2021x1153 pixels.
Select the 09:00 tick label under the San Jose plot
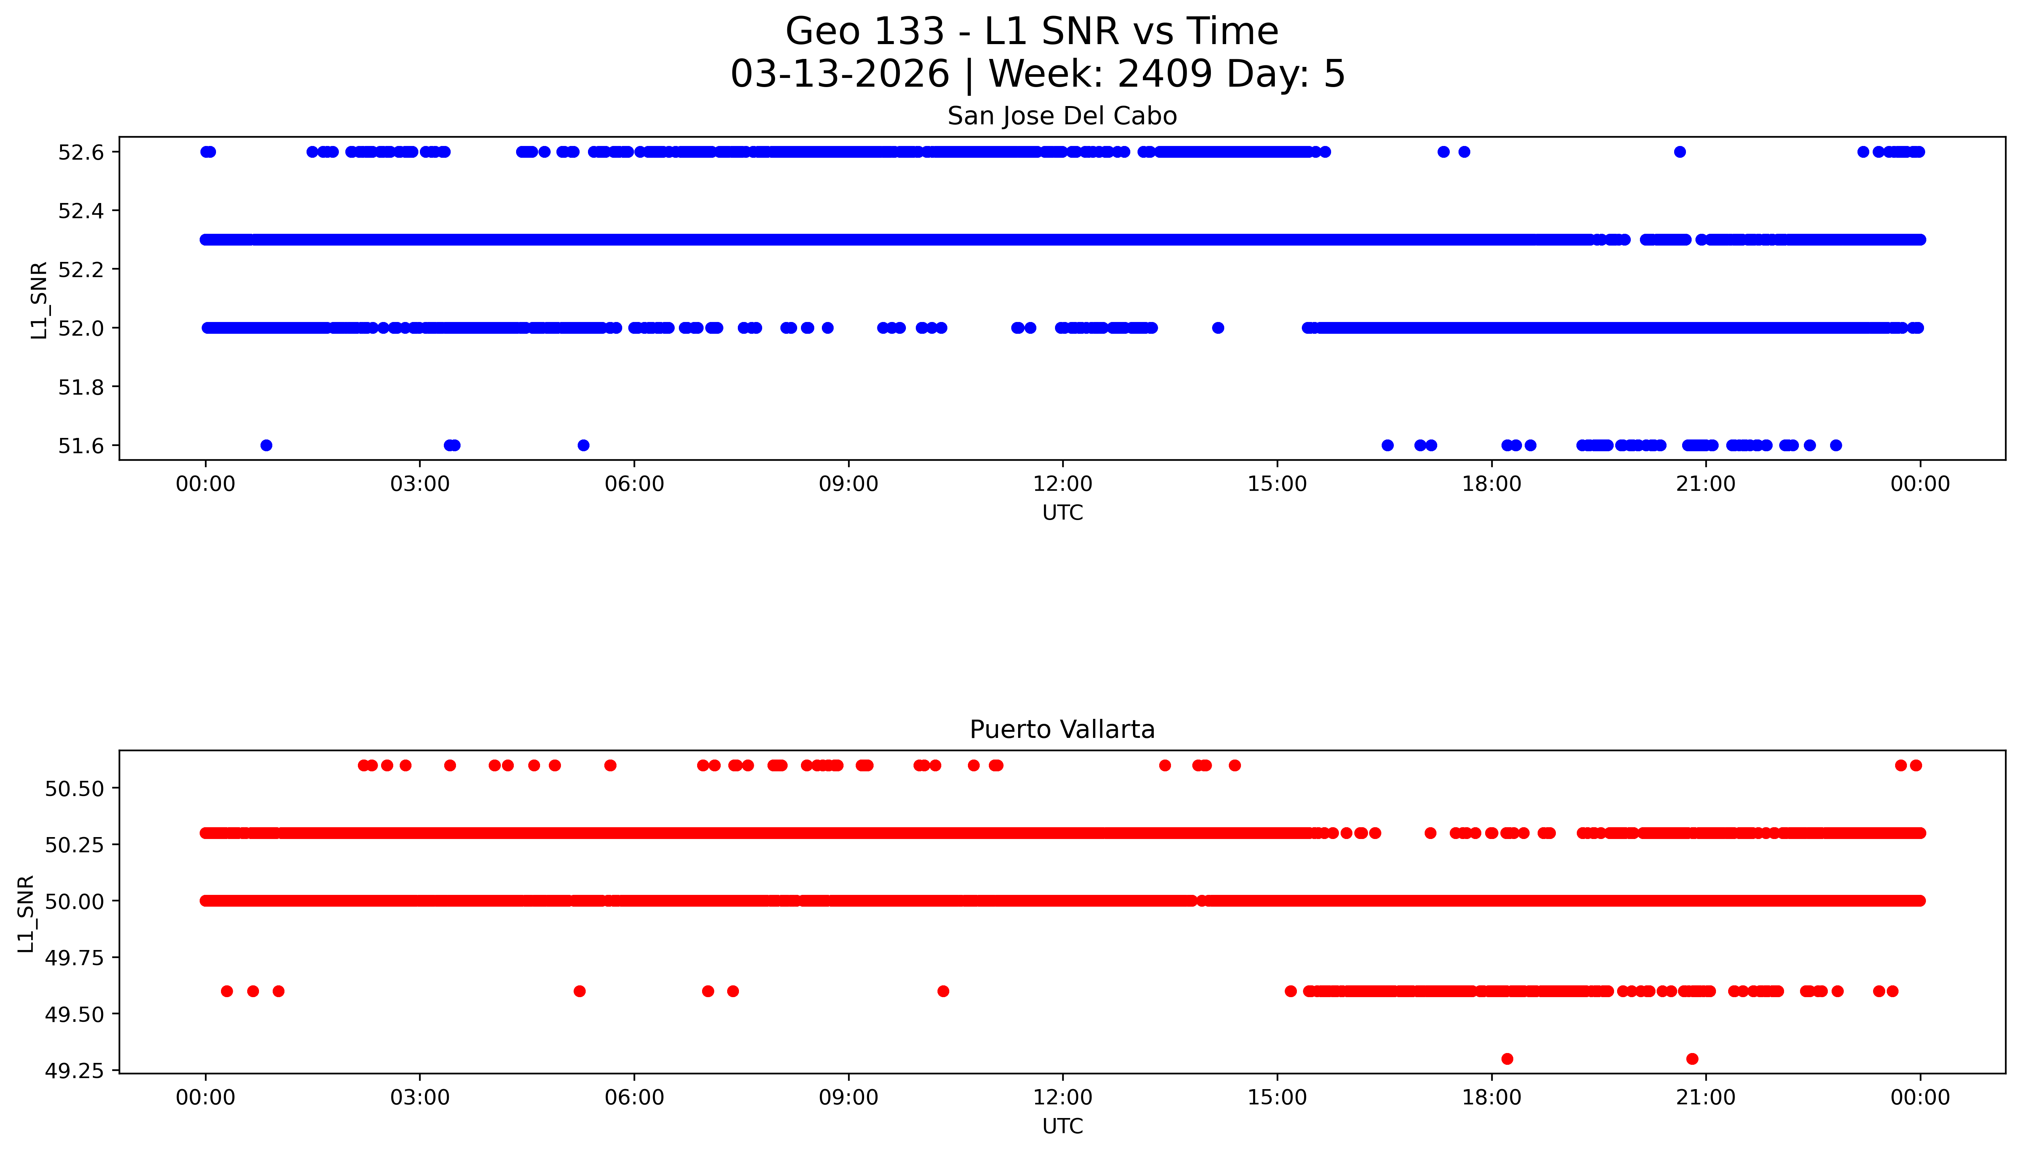848,484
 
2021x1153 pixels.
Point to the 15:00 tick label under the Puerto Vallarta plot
1277,1097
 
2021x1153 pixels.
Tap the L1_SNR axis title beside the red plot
26,914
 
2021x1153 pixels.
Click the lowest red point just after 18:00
1507,1059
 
